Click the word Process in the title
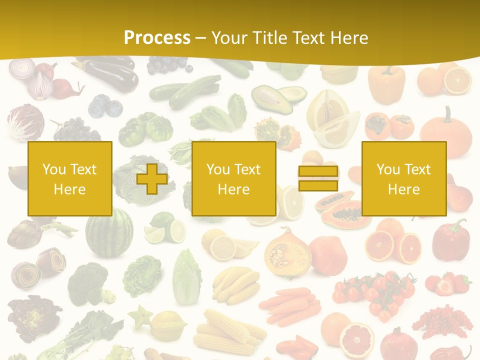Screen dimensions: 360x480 click(157, 37)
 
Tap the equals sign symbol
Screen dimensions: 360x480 click(318, 178)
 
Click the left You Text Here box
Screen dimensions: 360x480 click(70, 179)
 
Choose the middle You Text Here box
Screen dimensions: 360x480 click(234, 179)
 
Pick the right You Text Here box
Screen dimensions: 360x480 click(404, 179)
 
